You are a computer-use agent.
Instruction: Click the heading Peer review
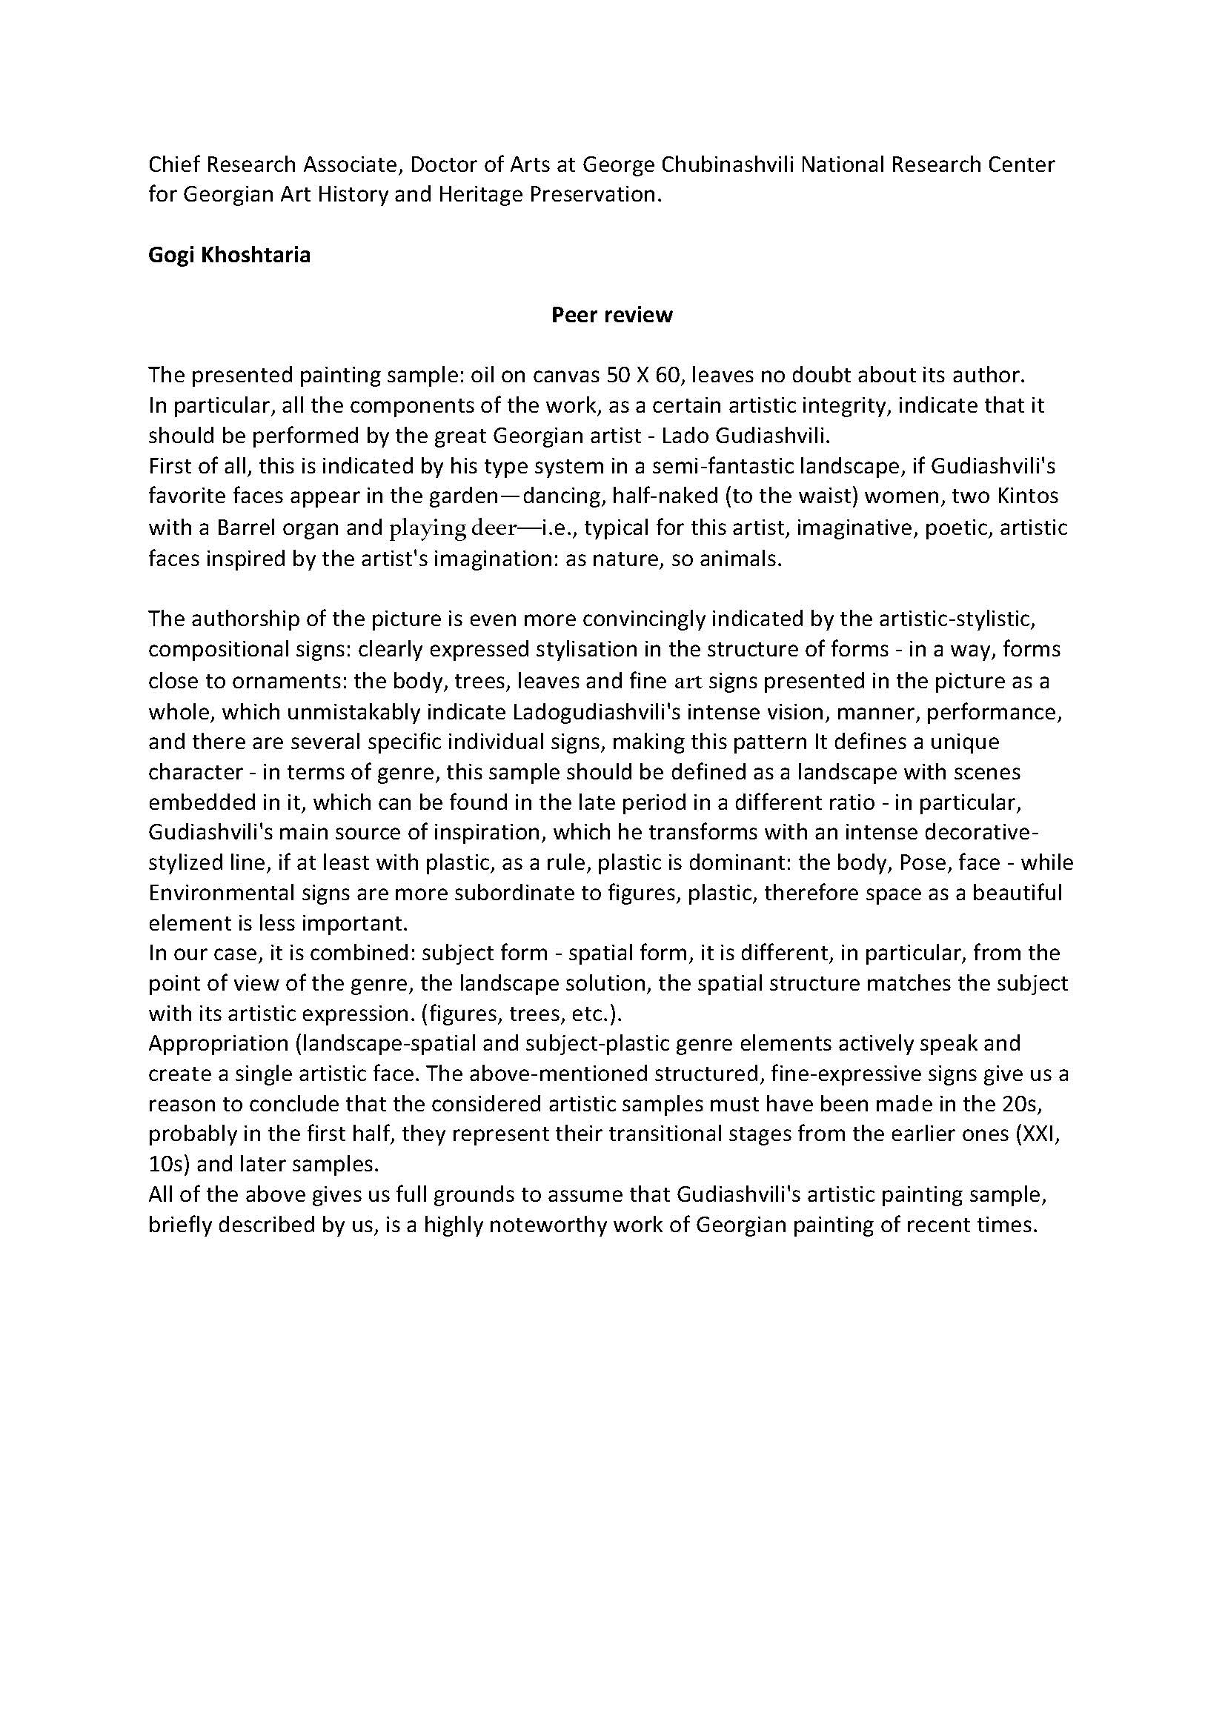pyautogui.click(x=611, y=315)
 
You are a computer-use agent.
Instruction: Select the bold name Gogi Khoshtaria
pyautogui.click(x=229, y=255)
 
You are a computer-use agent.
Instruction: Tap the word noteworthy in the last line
pyautogui.click(x=545, y=1225)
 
